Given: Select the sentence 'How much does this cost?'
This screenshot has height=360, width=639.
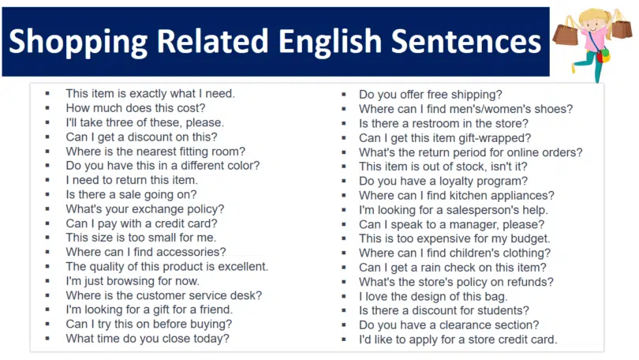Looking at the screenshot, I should pos(136,108).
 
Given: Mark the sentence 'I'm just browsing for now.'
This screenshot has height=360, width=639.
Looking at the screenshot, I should pos(133,281).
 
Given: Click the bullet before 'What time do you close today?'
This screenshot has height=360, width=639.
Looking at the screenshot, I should pos(48,339).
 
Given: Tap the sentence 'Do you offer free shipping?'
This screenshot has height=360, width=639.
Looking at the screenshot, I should pos(431,95).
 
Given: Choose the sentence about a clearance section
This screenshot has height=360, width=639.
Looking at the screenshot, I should pos(449,324).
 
